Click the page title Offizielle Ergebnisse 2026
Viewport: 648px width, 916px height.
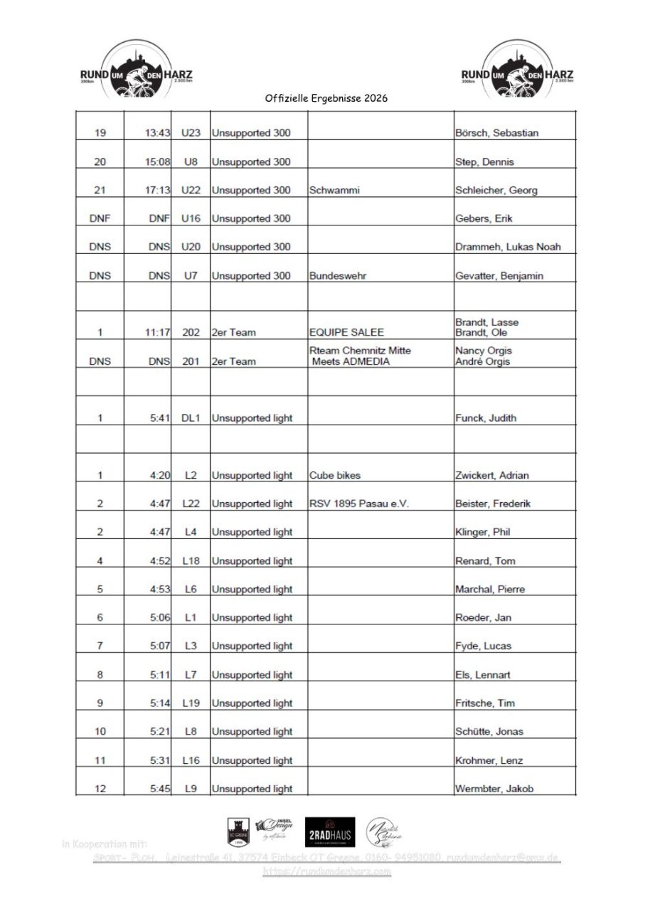326,99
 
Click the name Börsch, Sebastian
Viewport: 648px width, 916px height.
496,133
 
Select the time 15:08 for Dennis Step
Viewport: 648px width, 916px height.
157,161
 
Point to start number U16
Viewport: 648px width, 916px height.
190,218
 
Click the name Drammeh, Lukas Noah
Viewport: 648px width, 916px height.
508,247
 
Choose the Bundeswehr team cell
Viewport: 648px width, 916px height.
338,275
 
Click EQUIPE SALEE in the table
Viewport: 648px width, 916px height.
346,332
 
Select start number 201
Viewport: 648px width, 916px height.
190,361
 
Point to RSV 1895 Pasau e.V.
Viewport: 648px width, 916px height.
360,504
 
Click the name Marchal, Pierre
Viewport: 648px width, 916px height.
490,589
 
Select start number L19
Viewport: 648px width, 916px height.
190,703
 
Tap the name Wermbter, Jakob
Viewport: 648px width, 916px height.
494,788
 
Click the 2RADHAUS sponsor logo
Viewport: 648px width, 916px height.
329,833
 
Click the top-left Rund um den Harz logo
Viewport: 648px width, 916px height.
136,70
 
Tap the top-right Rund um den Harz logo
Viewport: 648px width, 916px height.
517,70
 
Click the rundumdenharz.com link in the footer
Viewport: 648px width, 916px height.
326,871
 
